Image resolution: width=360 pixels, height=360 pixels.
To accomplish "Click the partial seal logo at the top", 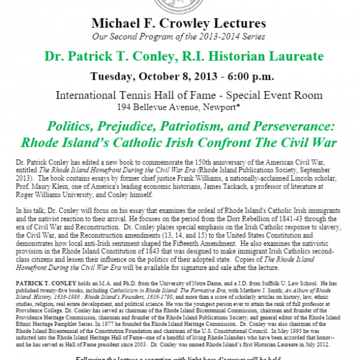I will click(180, 6).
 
